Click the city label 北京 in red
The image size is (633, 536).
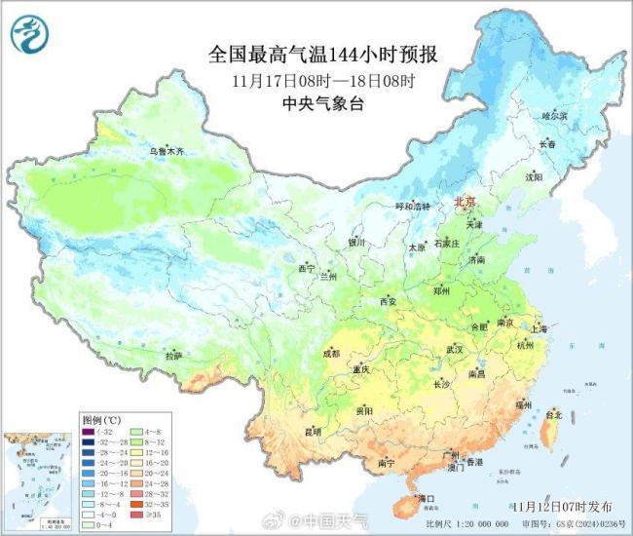pyautogui.click(x=466, y=202)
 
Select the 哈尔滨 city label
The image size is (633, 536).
pyautogui.click(x=553, y=115)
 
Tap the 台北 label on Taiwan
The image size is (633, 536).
pyautogui.click(x=553, y=414)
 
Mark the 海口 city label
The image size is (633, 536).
pyautogui.click(x=425, y=499)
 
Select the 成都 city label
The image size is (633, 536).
pyautogui.click(x=330, y=353)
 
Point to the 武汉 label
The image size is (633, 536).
pyautogui.click(x=454, y=348)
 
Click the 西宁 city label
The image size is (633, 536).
pyautogui.click(x=307, y=267)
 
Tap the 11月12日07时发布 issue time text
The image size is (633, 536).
pyautogui.click(x=558, y=506)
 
